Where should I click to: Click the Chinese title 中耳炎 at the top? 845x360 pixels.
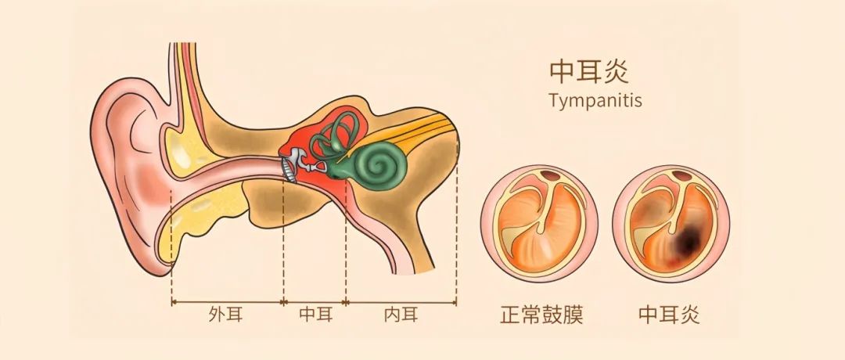point(588,72)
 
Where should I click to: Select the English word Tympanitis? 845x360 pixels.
point(595,101)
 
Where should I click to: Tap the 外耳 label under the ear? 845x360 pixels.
point(226,315)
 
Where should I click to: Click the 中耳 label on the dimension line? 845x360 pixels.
point(316,315)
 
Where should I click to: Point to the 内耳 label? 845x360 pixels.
point(401,315)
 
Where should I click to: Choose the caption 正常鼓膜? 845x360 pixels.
point(541,315)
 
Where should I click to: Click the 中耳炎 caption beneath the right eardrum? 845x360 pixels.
point(669,315)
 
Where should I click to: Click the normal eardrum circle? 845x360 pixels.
point(539,224)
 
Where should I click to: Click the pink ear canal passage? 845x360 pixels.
point(226,171)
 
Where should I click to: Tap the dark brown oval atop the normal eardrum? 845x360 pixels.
point(551,175)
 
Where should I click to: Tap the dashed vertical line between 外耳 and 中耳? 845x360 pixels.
point(283,243)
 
